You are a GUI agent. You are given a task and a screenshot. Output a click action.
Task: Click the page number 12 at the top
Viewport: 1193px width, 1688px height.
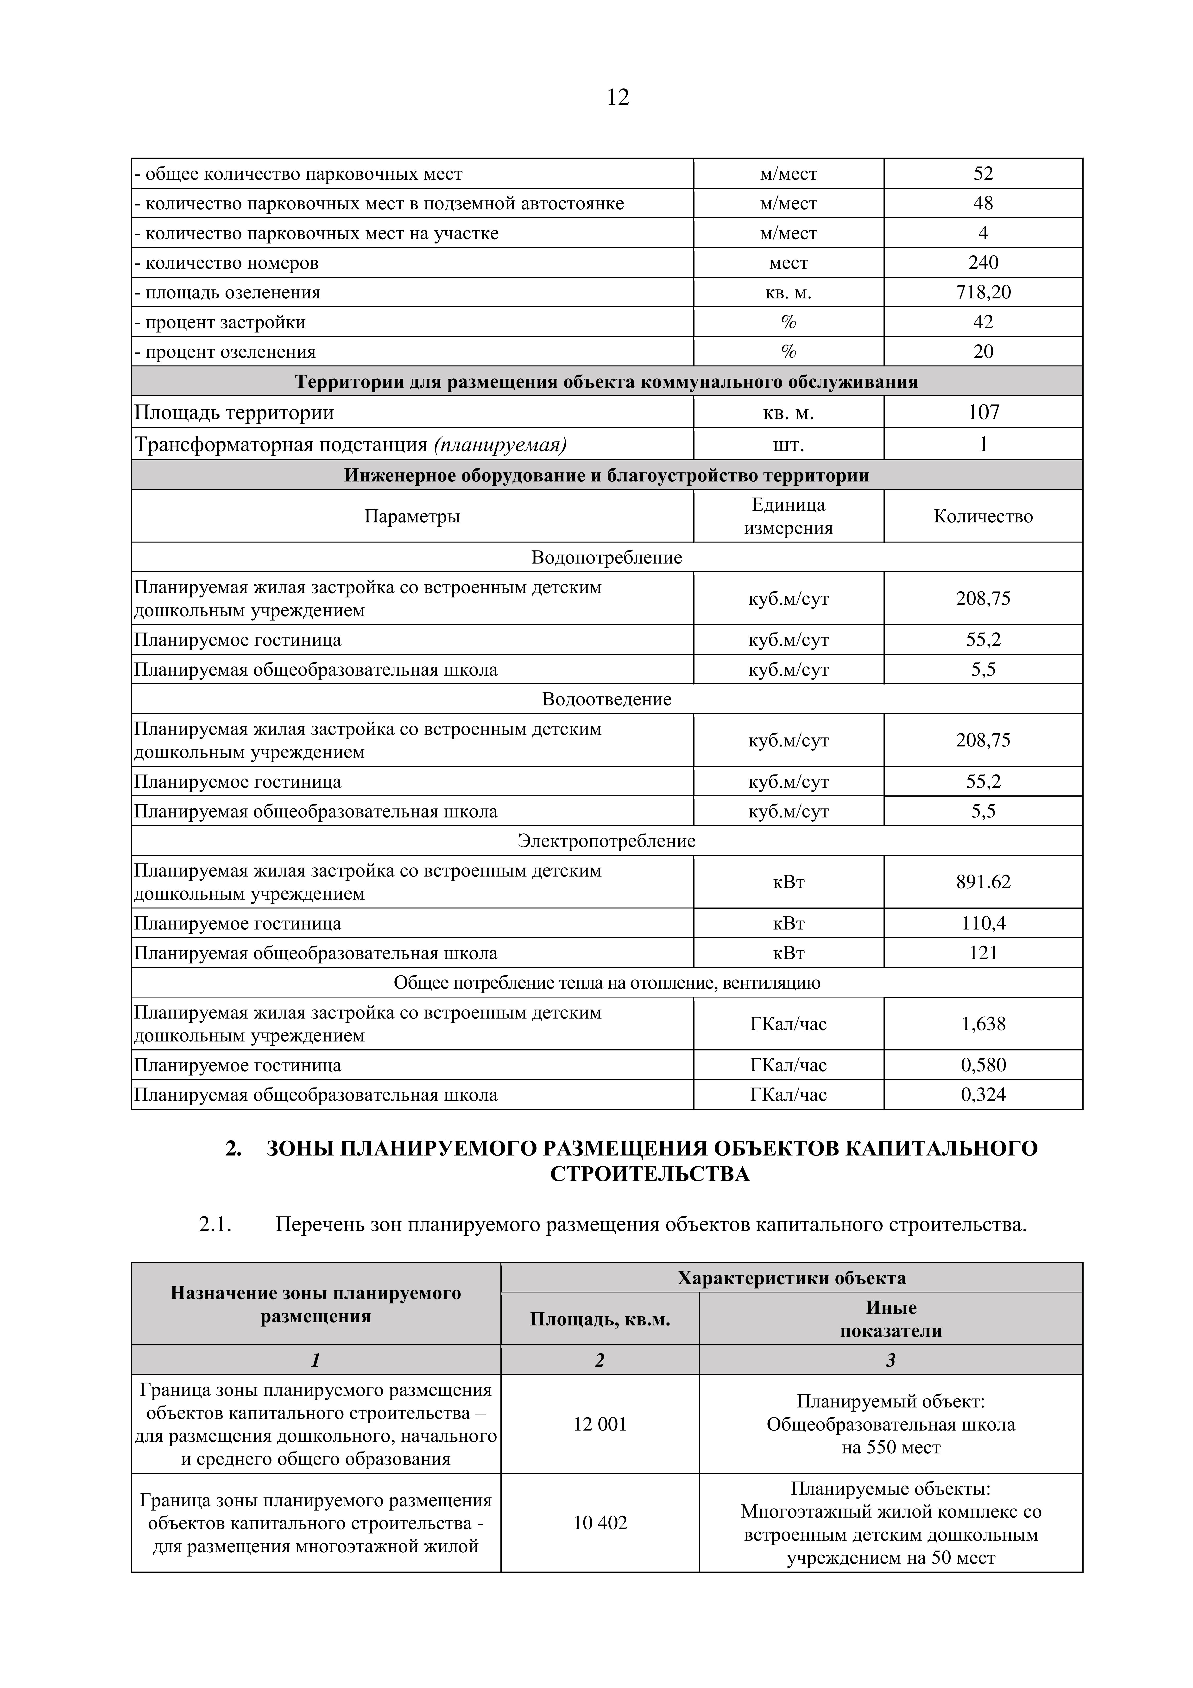coord(618,97)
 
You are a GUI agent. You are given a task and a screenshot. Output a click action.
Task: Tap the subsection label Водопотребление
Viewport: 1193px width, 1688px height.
coord(606,557)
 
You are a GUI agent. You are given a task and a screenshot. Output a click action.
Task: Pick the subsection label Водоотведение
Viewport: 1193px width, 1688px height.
coord(606,699)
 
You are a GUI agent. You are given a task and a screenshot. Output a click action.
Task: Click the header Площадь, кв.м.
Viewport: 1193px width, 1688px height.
coord(600,1320)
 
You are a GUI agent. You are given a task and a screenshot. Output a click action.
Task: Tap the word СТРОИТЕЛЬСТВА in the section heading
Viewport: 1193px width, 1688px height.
coord(650,1174)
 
